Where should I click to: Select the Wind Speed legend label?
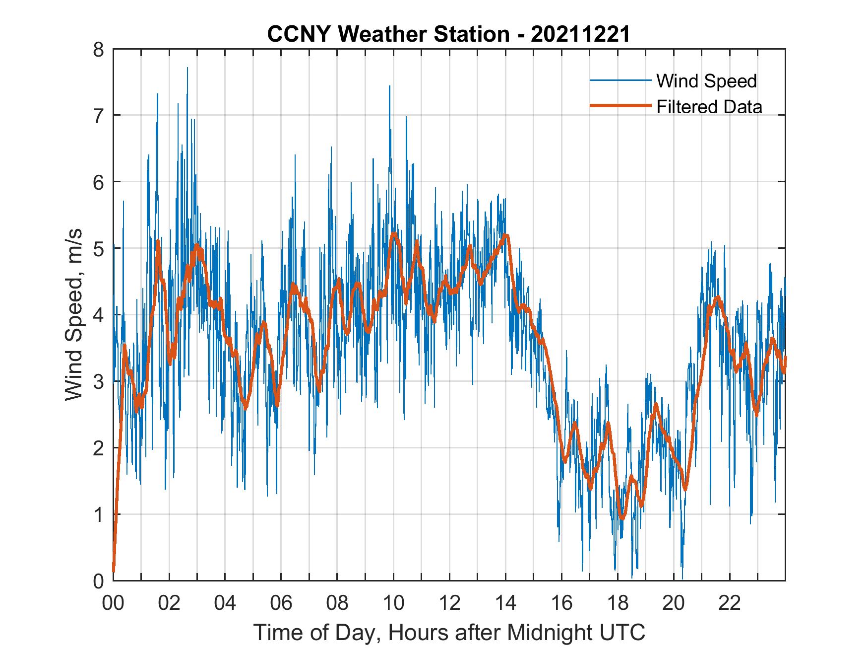coord(706,81)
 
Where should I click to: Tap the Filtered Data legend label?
coord(709,107)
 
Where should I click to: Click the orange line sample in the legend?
coord(620,106)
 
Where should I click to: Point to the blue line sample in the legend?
coord(620,80)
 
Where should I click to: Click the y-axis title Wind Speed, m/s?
coord(73,315)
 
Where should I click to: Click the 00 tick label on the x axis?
coord(113,604)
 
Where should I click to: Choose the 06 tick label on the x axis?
coord(281,604)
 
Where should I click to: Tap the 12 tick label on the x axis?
coord(449,604)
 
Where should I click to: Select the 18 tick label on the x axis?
coord(618,604)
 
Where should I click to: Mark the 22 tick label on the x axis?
coord(730,604)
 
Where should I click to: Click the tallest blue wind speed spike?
coord(187,68)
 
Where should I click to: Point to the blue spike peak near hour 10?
coord(389,86)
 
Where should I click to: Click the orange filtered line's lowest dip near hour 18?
coord(622,518)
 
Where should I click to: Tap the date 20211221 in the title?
coord(580,34)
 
